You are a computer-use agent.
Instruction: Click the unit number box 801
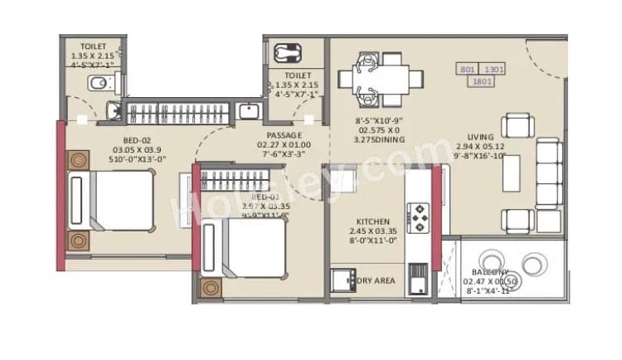click(x=467, y=71)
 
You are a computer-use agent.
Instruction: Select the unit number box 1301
click(x=494, y=71)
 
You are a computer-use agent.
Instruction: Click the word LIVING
click(x=480, y=137)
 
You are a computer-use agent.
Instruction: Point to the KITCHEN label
click(x=373, y=222)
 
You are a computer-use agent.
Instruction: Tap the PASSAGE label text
click(x=284, y=135)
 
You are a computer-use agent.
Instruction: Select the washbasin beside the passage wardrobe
click(x=248, y=111)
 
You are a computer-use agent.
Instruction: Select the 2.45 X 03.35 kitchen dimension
click(x=373, y=232)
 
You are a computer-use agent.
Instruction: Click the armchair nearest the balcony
click(x=518, y=221)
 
